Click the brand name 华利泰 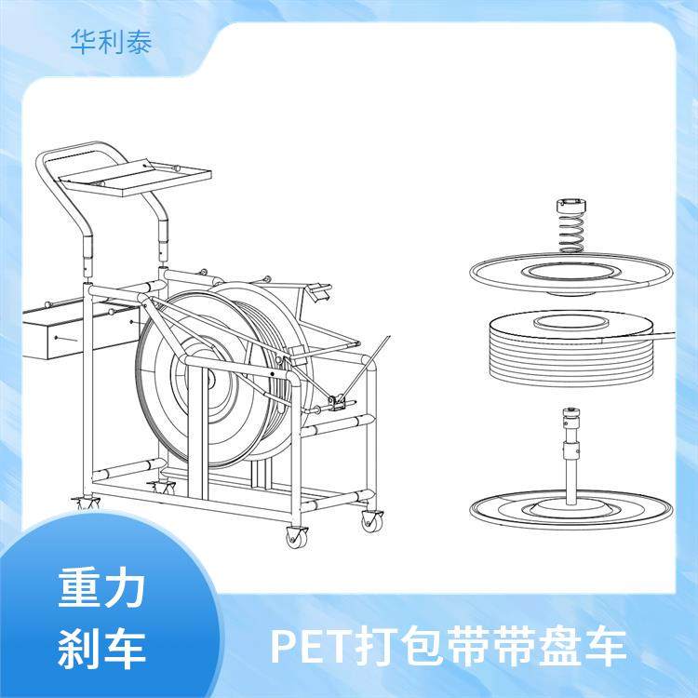click(x=110, y=42)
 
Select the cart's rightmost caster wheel click(x=372, y=521)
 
